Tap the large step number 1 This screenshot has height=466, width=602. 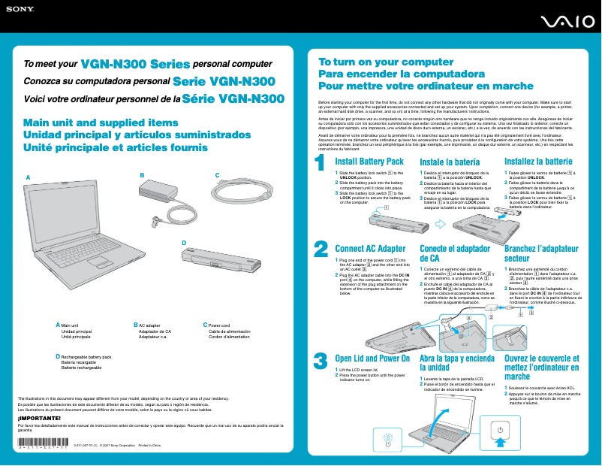[321, 162]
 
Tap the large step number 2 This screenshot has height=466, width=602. [321, 228]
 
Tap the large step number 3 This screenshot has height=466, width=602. [321, 361]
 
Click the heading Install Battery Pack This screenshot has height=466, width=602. [369, 162]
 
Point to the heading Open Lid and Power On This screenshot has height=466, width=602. [372, 359]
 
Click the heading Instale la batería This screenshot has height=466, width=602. [450, 162]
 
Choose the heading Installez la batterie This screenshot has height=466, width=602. [538, 162]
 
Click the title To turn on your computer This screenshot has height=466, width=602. [375, 62]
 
